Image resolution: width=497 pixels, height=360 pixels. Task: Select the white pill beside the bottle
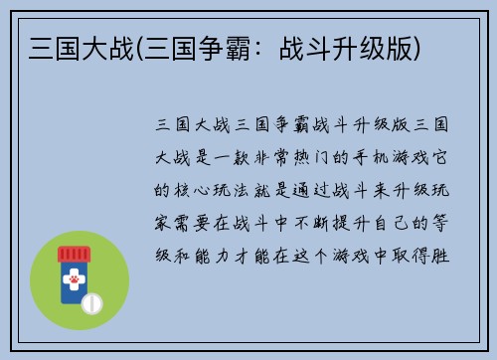pyautogui.click(x=92, y=301)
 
